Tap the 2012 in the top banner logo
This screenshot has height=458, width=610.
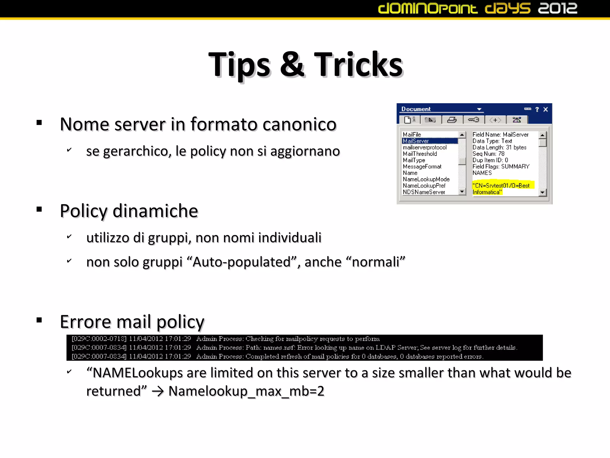click(x=557, y=8)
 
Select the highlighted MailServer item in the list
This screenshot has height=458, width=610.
click(x=416, y=141)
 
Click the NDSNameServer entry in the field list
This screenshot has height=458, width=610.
click(x=424, y=192)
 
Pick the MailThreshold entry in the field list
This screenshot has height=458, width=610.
click(x=420, y=154)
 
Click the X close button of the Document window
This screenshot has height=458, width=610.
click(x=546, y=109)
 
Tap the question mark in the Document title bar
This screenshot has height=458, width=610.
click(x=537, y=109)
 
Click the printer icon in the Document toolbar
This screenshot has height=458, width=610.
click(x=452, y=120)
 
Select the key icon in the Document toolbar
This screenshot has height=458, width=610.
click(x=473, y=120)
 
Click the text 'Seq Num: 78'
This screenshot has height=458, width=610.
click(x=488, y=154)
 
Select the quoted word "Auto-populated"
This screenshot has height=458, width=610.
click(x=242, y=262)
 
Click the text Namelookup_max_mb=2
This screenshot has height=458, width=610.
click(x=246, y=391)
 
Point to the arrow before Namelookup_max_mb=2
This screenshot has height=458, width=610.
click(x=158, y=392)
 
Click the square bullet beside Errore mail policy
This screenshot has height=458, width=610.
click(x=39, y=321)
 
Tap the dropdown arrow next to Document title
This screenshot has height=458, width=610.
click(x=479, y=109)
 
